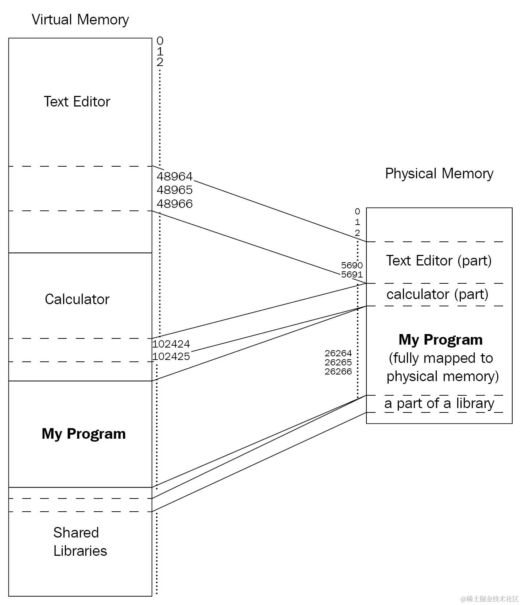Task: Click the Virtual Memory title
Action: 80,20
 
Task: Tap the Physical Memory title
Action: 439,174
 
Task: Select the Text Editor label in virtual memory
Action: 77,102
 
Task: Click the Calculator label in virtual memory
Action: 77,299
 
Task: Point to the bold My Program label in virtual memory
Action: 83,434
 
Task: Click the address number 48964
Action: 174,177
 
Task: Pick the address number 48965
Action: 174,190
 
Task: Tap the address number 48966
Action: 174,204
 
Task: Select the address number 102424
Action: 171,344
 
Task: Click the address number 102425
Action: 171,356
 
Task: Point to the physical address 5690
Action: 351,265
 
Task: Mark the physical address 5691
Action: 351,274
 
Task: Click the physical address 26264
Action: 338,353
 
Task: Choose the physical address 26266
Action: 338,372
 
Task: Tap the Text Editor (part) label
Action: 439,261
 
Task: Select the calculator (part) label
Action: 437,294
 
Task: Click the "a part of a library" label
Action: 439,403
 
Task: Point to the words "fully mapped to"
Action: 441,358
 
